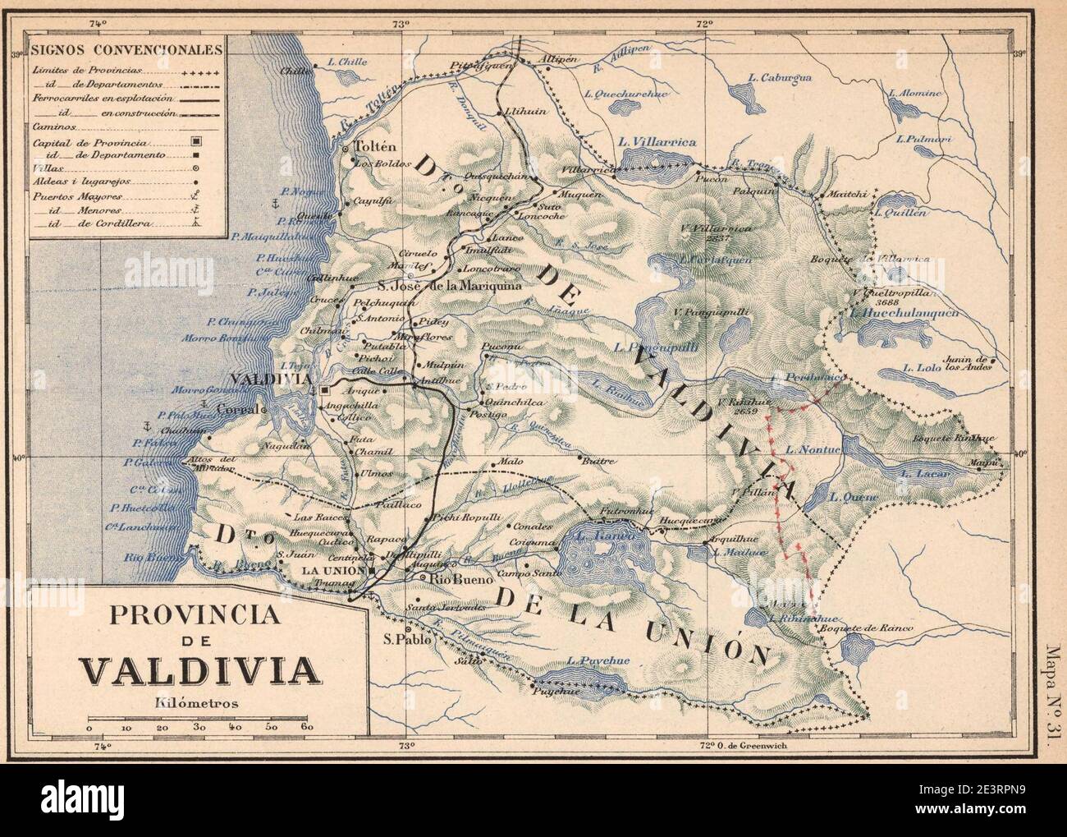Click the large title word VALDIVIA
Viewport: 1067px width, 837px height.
point(200,671)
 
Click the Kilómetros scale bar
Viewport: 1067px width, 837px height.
point(197,719)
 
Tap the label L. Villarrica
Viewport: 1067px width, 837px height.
point(658,142)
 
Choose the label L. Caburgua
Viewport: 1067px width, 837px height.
point(780,77)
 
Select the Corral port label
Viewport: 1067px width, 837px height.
point(236,409)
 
